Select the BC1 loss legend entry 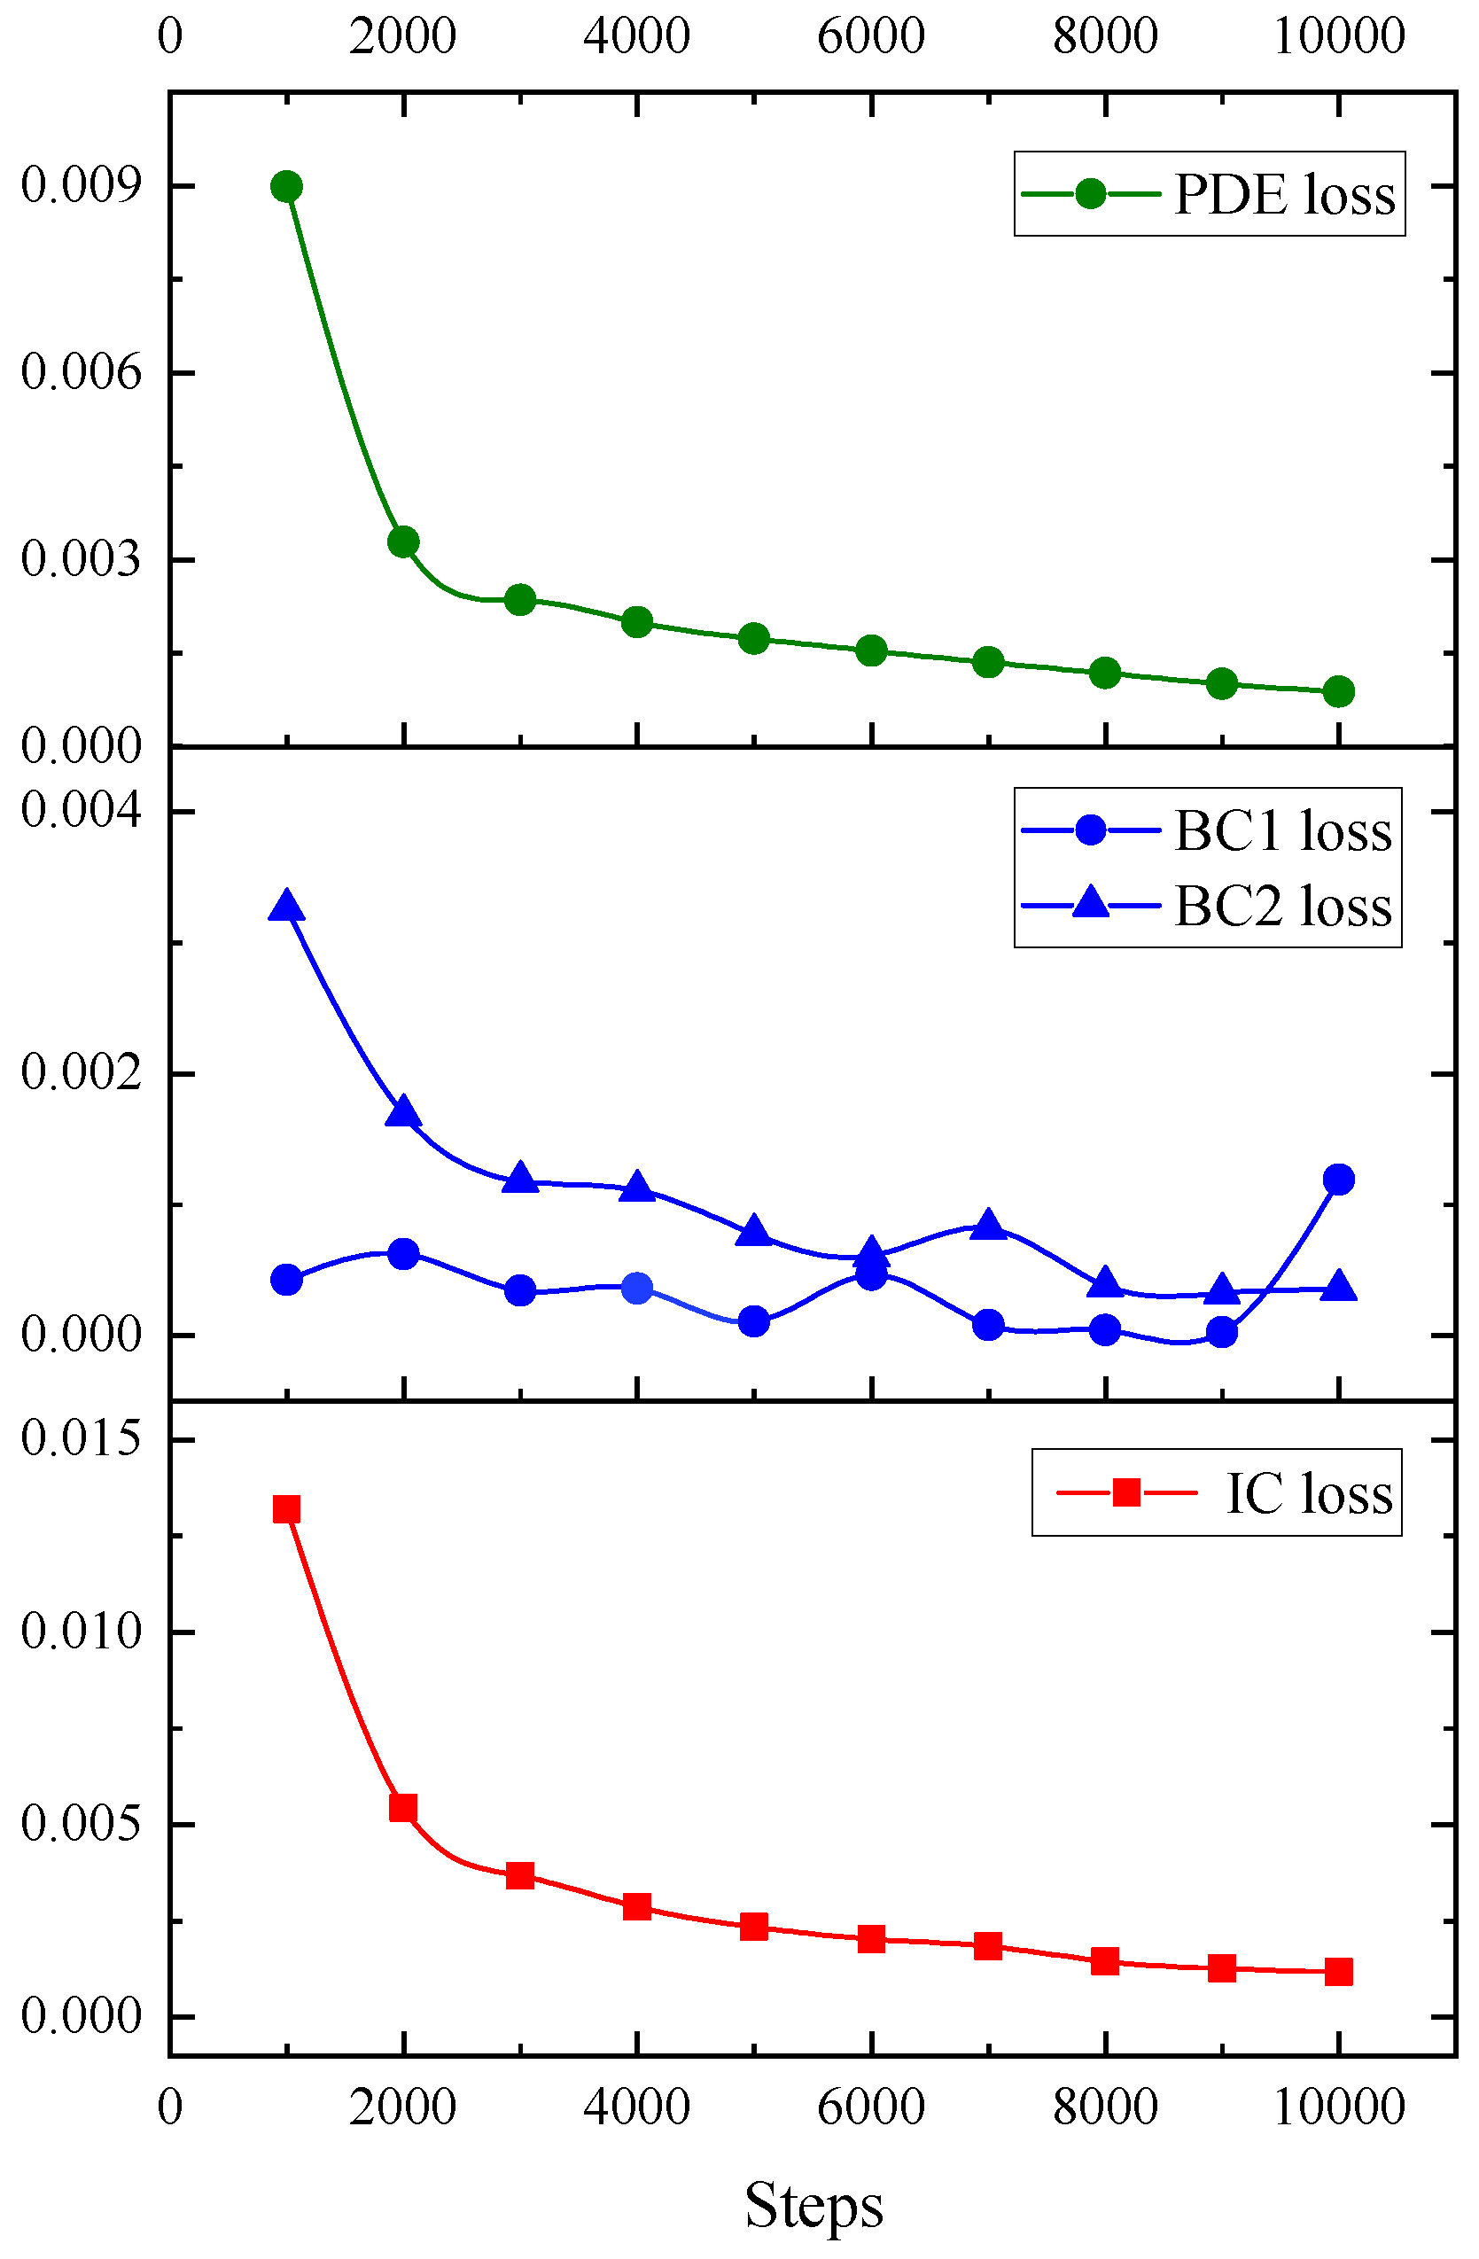[1208, 830]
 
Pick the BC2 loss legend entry [1208, 907]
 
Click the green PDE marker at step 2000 [403, 542]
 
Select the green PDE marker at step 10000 [1338, 692]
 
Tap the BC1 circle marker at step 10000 [1338, 1180]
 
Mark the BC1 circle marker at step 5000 [754, 1321]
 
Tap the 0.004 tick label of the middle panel [82, 810]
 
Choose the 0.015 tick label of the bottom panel [82, 1438]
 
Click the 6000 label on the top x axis [870, 36]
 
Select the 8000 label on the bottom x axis [1105, 2107]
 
